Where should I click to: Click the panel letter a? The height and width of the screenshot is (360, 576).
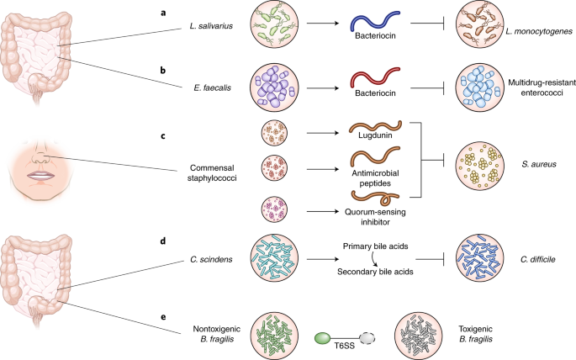point(165,12)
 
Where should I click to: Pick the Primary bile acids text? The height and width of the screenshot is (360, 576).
point(374,246)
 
